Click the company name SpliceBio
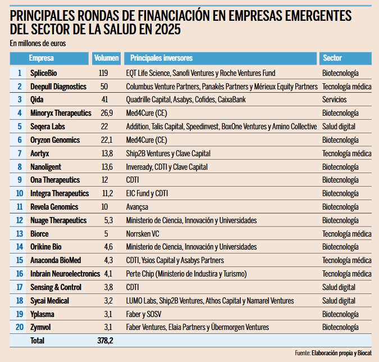(x=43, y=73)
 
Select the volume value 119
(x=103, y=73)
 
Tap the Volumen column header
(x=106, y=58)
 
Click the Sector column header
(x=332, y=58)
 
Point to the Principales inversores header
(x=161, y=58)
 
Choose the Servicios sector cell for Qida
(x=335, y=99)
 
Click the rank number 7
(x=20, y=153)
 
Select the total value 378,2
(x=106, y=340)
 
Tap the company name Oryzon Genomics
(x=54, y=140)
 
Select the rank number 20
(x=19, y=327)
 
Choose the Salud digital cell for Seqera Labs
(x=339, y=126)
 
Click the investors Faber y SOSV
(x=144, y=314)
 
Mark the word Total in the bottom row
(x=37, y=340)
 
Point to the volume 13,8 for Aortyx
(x=106, y=153)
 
